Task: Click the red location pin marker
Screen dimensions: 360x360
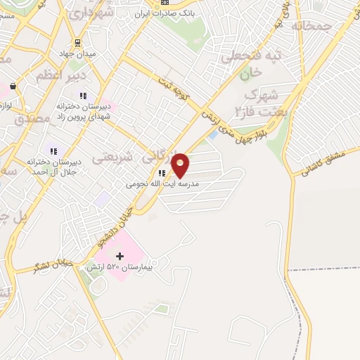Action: pyautogui.click(x=181, y=165)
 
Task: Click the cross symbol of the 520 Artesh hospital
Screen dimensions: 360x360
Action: pyautogui.click(x=120, y=256)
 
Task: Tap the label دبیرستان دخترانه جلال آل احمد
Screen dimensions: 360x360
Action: pyautogui.click(x=54, y=166)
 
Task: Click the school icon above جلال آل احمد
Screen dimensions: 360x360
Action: pyautogui.click(x=53, y=151)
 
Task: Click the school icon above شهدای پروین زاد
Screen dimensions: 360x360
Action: pyautogui.click(x=83, y=96)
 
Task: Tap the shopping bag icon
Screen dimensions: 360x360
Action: pyautogui.click(x=13, y=86)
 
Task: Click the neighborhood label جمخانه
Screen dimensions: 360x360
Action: pyautogui.click(x=314, y=27)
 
